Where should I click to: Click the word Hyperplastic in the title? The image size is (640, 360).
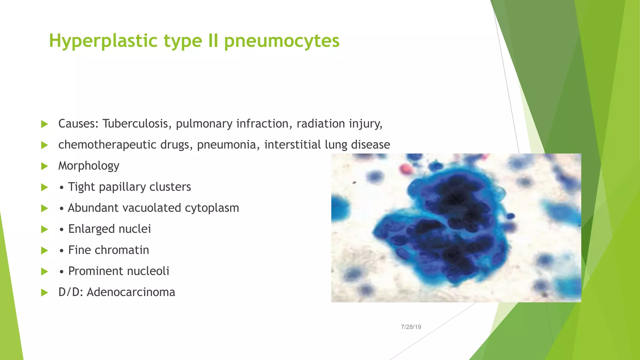point(103,41)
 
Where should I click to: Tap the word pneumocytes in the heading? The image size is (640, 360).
point(282,41)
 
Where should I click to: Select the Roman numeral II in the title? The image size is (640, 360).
point(213,41)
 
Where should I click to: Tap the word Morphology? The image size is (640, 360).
point(89,166)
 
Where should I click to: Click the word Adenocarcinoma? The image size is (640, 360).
point(131,292)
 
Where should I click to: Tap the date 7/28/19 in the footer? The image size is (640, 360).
point(411,327)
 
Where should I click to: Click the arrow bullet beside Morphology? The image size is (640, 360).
point(44,166)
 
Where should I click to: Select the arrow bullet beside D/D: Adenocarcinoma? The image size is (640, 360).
point(44,292)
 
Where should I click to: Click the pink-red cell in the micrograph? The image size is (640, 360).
point(405,169)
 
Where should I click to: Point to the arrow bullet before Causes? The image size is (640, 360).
point(44,124)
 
